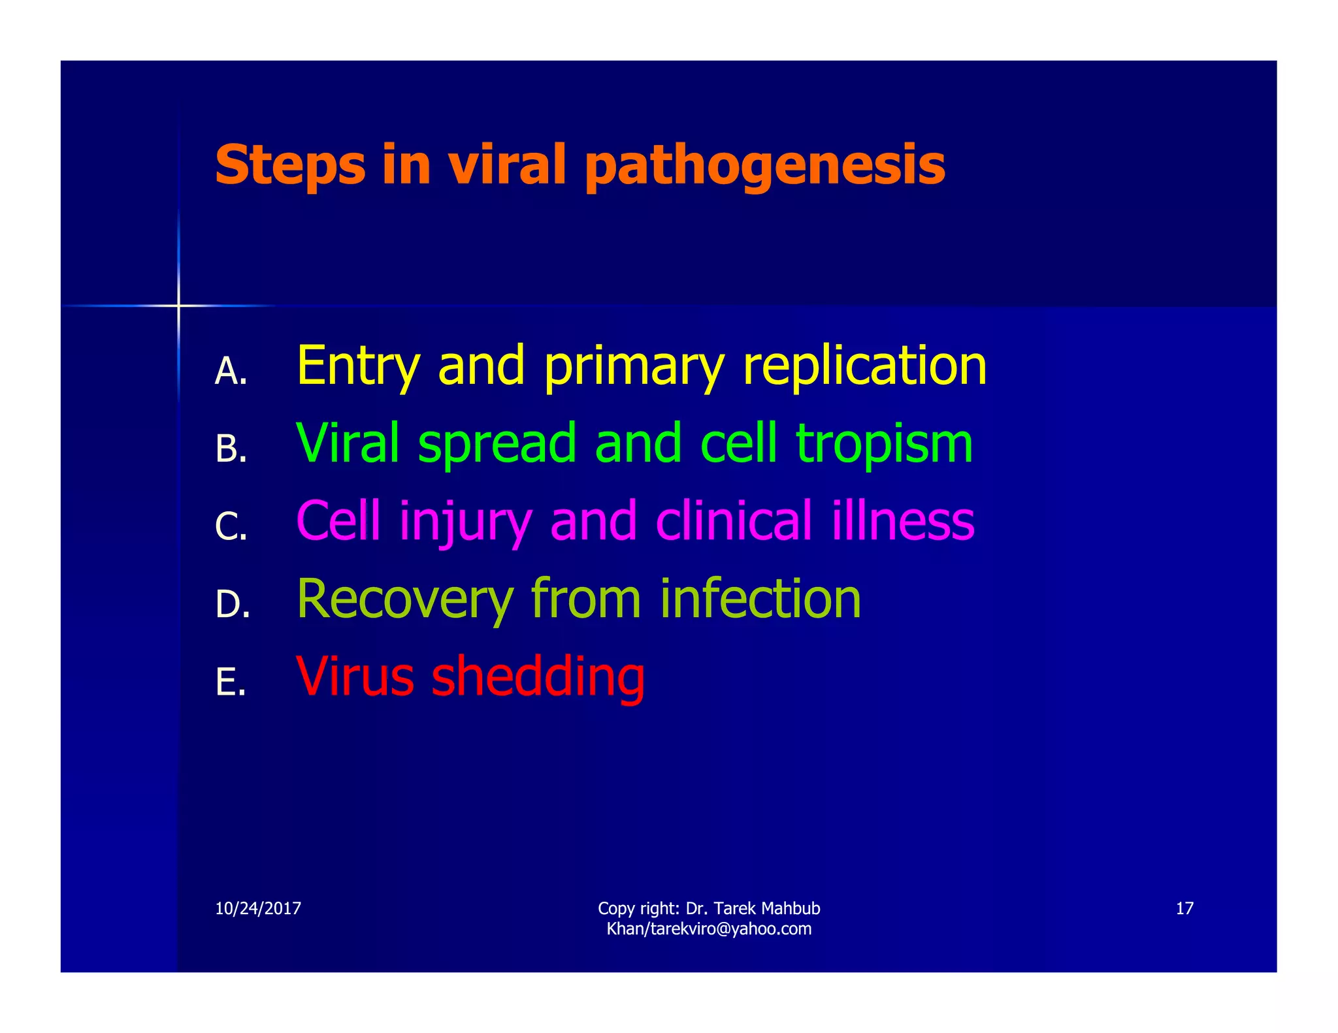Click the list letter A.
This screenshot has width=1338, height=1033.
click(x=230, y=372)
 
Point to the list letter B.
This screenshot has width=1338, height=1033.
click(x=230, y=449)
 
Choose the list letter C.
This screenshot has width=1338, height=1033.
click(x=230, y=527)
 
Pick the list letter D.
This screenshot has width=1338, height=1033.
click(x=232, y=605)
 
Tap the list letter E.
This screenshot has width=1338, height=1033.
click(x=230, y=682)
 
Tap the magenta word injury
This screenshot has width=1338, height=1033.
click(x=465, y=522)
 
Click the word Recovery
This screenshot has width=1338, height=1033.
click(x=405, y=599)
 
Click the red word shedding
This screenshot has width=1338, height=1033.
click(x=538, y=677)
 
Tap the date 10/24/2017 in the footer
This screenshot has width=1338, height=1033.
click(x=258, y=908)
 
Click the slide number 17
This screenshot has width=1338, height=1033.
click(x=1184, y=908)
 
